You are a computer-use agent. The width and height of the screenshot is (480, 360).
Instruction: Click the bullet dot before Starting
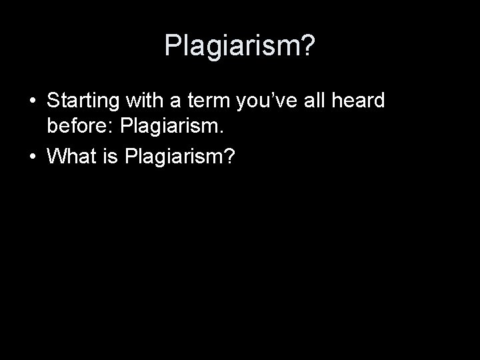(x=32, y=101)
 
